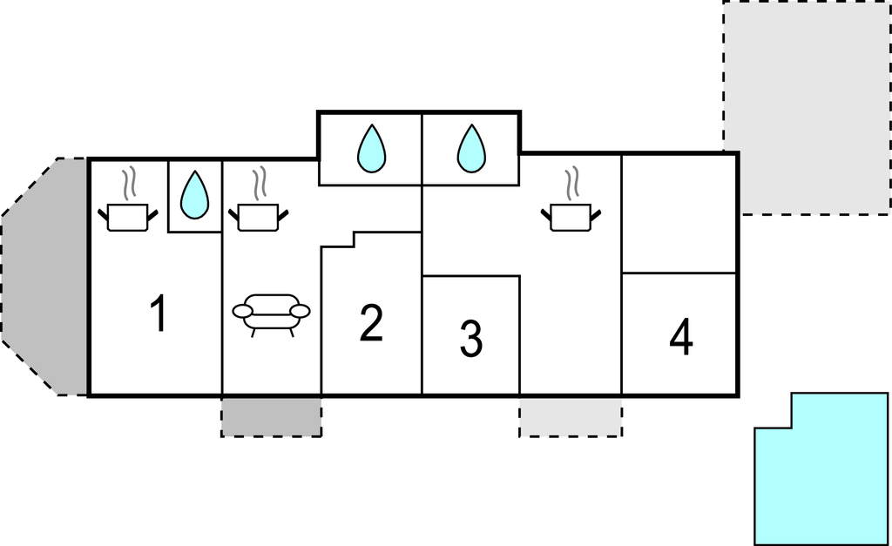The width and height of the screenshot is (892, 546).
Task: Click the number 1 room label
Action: [x=158, y=314]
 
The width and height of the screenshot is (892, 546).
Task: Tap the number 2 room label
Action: [x=371, y=323]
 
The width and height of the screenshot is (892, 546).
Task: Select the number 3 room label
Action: [x=470, y=340]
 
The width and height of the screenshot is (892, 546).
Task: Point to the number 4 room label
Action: [x=681, y=338]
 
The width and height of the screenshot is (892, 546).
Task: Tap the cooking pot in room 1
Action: [x=129, y=216]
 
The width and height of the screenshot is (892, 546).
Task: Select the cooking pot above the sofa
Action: [x=258, y=216]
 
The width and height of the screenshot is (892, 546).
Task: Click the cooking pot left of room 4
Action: [x=571, y=216]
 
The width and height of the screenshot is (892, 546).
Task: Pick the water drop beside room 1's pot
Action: [x=193, y=195]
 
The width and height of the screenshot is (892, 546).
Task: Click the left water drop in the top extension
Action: [x=370, y=148]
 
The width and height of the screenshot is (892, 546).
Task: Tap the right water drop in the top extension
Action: [x=470, y=148]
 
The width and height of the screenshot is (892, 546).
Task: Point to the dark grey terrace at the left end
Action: [x=48, y=277]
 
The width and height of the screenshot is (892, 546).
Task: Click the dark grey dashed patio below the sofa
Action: [x=271, y=416]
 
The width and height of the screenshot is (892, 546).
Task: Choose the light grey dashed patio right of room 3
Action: [x=571, y=416]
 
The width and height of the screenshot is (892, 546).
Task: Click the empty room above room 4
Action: [x=679, y=213]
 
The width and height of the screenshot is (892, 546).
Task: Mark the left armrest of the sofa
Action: [x=242, y=311]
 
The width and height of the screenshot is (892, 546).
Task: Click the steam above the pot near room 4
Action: [x=571, y=183]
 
